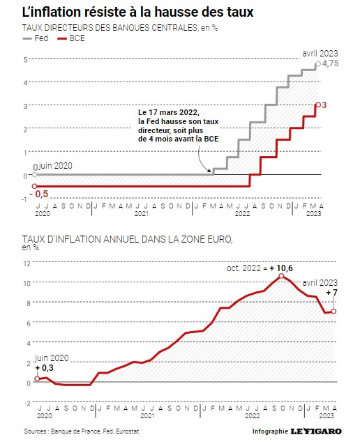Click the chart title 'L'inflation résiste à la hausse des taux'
[x=137, y=12]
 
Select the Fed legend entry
[x=36, y=38]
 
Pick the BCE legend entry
[x=71, y=38]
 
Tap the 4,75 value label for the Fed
[x=330, y=63]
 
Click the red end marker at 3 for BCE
[x=318, y=105]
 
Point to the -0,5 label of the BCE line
[x=39, y=194]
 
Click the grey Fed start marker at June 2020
[x=34, y=175]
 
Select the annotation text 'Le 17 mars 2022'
[x=169, y=112]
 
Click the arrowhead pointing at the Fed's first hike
[x=209, y=171]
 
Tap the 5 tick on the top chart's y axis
[x=26, y=59]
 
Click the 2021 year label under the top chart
[x=142, y=213]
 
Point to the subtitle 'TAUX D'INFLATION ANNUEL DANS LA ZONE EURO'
[x=127, y=239]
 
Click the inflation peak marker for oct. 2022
[x=281, y=276]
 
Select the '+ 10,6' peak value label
[x=281, y=268]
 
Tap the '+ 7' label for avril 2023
[x=331, y=292]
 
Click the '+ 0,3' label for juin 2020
[x=45, y=367]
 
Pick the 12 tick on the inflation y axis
[x=27, y=263]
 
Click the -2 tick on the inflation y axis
[x=27, y=403]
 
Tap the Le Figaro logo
[x=316, y=431]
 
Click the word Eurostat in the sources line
[x=128, y=431]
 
